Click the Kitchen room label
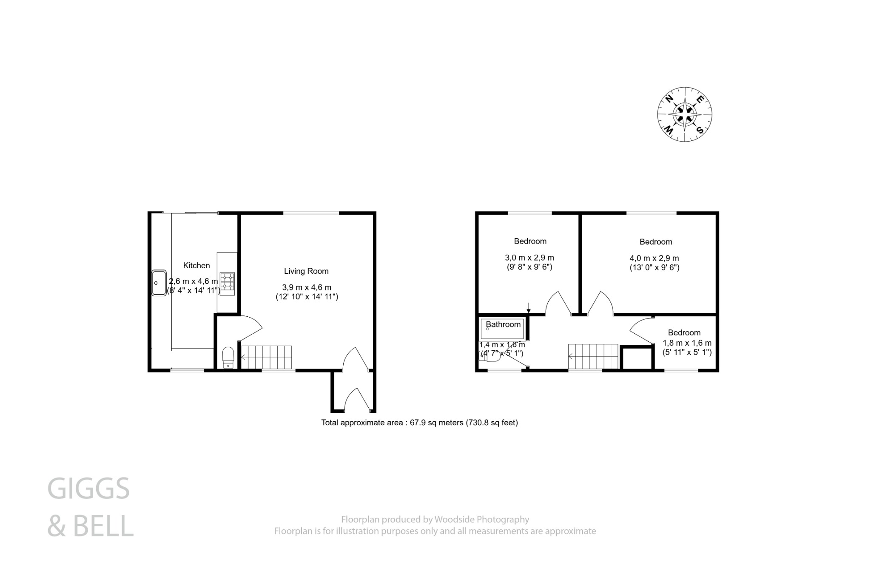pos(196,265)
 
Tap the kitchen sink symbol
pos(159,283)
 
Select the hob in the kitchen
pos(227,281)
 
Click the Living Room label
pos(306,271)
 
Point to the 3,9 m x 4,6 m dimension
pos(306,288)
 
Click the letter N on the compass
pos(669,99)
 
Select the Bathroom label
pos(503,324)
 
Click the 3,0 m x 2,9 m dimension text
pos(529,258)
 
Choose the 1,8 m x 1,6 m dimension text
pos(687,343)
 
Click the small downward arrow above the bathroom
pos(528,307)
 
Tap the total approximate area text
pos(419,423)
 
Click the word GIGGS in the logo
pos(88,488)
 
